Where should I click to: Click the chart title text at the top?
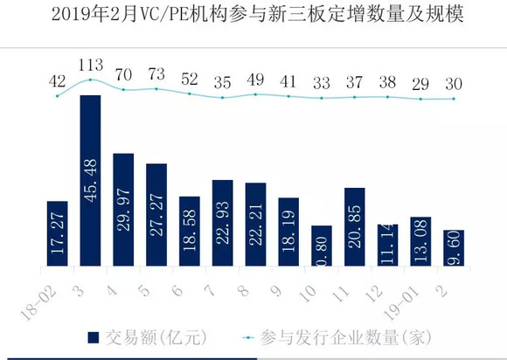[x=253, y=15]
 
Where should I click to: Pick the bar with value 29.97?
[x=123, y=209]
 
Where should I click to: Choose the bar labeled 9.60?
[x=454, y=247]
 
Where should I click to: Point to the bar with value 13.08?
[x=420, y=241]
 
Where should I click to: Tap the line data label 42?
[x=58, y=80]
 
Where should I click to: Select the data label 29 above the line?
[x=421, y=84]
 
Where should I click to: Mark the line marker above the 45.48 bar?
[x=91, y=80]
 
